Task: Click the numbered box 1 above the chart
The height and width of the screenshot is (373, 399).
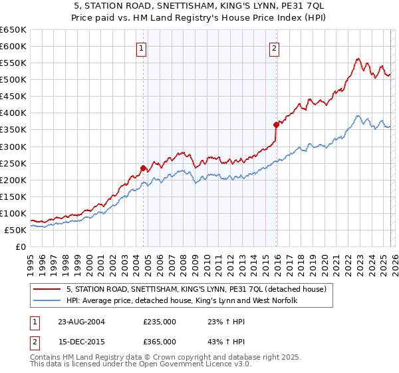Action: click(142, 47)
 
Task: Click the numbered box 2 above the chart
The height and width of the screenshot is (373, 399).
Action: click(274, 47)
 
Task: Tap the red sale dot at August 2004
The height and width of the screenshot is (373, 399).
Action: click(143, 168)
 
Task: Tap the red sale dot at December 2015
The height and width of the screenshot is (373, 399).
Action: click(275, 124)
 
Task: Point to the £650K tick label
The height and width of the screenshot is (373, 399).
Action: click(13, 30)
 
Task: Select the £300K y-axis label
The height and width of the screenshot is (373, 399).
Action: click(13, 147)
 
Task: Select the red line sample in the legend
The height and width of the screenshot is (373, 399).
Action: click(47, 290)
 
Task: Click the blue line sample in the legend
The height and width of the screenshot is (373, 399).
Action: click(47, 301)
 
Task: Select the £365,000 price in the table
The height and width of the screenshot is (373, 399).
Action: click(160, 342)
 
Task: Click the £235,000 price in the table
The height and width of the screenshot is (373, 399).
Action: click(160, 322)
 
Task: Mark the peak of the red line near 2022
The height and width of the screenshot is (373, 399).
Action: click(358, 59)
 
